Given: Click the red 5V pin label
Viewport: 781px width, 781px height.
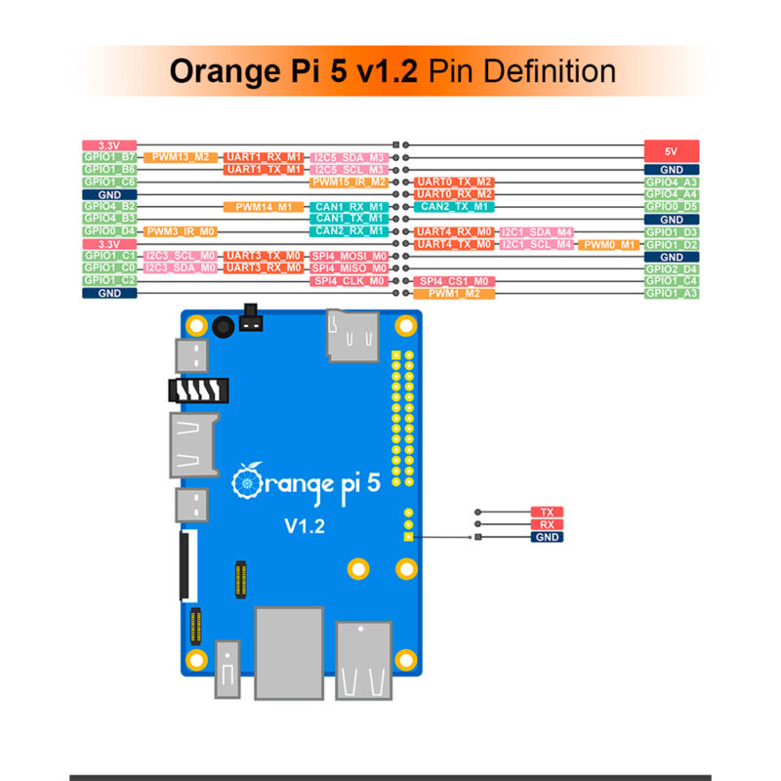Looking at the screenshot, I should click(x=672, y=150).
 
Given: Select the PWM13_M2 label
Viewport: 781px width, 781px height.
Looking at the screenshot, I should click(x=181, y=157).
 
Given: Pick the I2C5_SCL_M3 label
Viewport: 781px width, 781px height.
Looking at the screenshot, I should click(x=349, y=169).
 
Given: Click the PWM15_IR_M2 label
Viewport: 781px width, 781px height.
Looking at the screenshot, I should click(x=349, y=182).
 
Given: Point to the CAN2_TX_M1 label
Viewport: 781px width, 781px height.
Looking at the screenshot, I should click(x=455, y=207).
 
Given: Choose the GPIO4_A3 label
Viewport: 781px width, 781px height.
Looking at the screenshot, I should click(x=672, y=182).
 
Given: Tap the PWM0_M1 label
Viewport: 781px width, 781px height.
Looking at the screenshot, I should click(x=608, y=244).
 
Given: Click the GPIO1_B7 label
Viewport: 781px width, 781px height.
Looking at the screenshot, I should click(x=109, y=157).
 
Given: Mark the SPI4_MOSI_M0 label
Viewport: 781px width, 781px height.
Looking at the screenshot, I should click(x=349, y=256).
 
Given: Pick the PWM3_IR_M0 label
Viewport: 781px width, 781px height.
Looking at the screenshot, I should click(x=181, y=231).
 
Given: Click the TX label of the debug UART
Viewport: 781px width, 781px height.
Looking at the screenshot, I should click(x=547, y=512).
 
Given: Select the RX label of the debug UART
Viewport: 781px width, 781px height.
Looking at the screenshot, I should click(x=547, y=524).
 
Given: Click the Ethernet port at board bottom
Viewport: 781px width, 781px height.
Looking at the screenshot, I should click(x=288, y=651).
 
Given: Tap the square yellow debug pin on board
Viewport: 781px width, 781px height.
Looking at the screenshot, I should click(x=409, y=536).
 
